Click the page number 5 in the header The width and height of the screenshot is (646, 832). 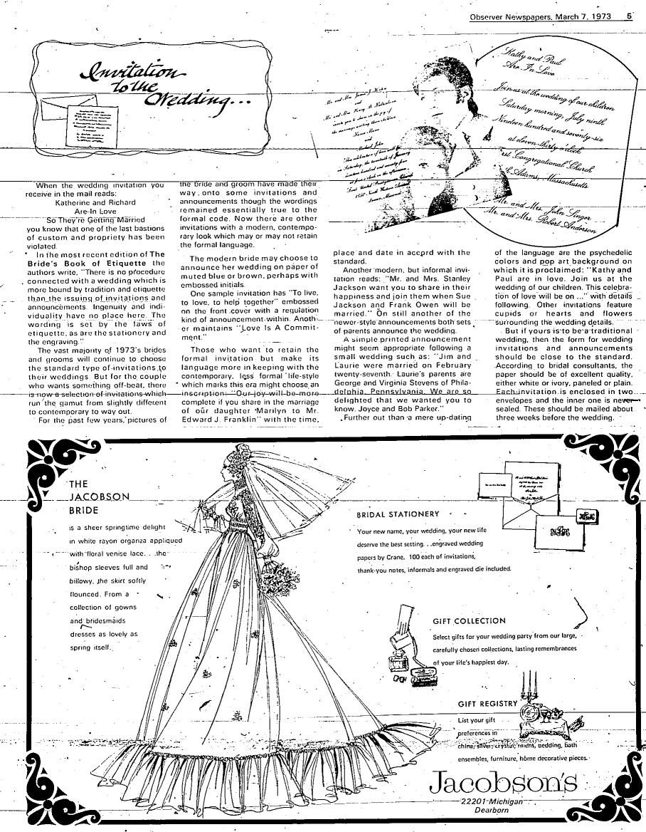coord(630,15)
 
